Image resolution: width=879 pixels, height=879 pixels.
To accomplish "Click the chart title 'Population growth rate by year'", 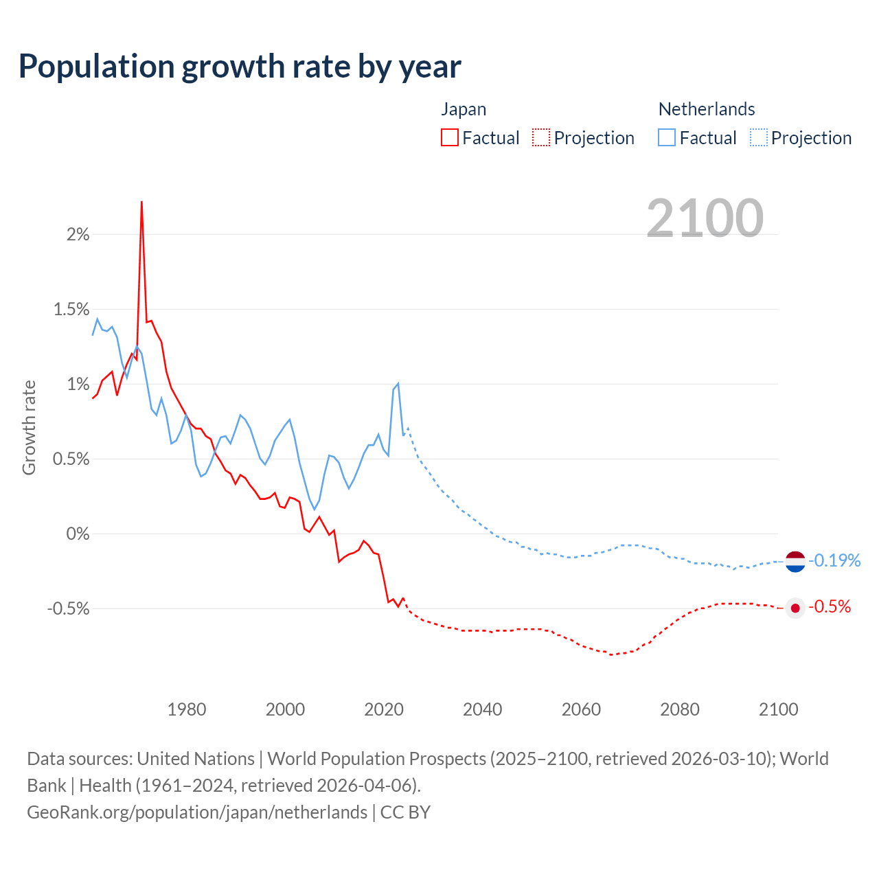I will [x=240, y=67].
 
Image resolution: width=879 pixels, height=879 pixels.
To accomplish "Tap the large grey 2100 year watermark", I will [x=705, y=218].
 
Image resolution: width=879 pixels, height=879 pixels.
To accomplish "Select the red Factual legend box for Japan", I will [x=450, y=137].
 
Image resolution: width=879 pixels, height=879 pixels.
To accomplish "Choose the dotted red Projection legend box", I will [x=541, y=137].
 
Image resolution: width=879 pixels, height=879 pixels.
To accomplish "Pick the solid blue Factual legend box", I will [x=667, y=137].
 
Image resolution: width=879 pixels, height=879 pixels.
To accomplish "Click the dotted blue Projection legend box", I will [x=758, y=137].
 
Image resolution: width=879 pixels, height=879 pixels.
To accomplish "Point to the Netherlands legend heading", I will [x=707, y=109].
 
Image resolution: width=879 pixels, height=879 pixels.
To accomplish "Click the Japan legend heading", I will [x=464, y=109].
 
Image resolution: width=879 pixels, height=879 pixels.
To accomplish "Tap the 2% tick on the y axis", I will [x=78, y=235].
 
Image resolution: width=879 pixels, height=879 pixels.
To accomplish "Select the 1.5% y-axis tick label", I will [x=71, y=310].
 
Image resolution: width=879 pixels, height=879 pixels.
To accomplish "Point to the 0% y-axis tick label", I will [x=78, y=534].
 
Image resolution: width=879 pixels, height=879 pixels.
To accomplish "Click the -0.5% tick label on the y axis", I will [x=69, y=608].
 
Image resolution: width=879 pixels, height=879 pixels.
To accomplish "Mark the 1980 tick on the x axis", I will [x=187, y=709].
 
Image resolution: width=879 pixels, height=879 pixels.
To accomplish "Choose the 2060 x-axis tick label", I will [x=581, y=709].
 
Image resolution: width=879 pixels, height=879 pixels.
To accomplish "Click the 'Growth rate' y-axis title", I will [x=29, y=427].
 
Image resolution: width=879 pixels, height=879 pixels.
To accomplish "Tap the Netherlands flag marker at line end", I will [x=795, y=561].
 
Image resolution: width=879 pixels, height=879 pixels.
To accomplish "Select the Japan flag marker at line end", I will [x=795, y=608].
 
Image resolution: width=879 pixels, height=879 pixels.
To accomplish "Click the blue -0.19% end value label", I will [x=834, y=560].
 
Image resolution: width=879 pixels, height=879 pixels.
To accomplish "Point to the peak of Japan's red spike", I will [x=141, y=203].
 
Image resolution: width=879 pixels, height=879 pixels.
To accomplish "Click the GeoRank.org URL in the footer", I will [x=197, y=812].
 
